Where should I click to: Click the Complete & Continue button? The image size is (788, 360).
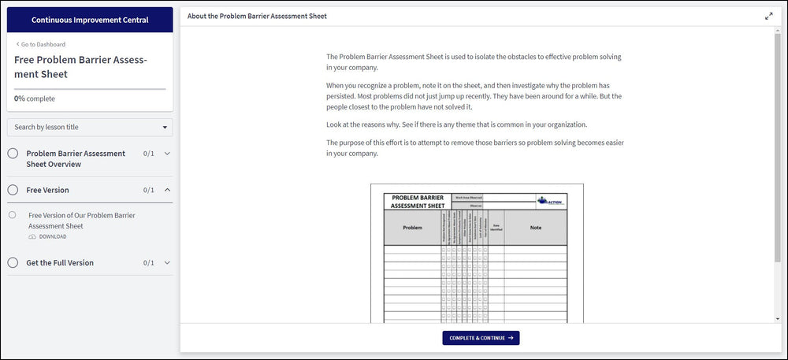point(481,338)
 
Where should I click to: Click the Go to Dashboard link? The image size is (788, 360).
point(42,44)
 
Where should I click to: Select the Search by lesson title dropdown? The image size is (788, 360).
point(90,127)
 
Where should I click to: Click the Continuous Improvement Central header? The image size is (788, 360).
point(90,20)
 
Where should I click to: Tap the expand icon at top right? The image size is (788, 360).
point(768,16)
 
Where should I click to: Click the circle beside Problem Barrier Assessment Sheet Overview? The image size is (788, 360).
point(13,154)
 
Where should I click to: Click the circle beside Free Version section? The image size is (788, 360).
point(13,190)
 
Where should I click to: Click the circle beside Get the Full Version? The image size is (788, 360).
point(13,262)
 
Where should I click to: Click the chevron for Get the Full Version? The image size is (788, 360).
point(167,262)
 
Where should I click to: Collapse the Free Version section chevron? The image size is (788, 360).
point(167,190)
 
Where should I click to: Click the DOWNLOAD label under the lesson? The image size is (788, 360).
point(52,236)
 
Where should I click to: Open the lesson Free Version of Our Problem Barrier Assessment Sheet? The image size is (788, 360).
point(81,220)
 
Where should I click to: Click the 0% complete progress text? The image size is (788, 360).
point(35,98)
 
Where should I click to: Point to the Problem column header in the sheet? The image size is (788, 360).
point(412,228)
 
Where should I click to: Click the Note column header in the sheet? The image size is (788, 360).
point(535,228)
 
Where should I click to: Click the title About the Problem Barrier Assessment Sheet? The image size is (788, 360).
point(257,16)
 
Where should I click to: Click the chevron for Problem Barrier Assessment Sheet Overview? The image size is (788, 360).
point(167,154)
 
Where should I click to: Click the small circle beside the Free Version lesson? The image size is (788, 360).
point(13,214)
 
